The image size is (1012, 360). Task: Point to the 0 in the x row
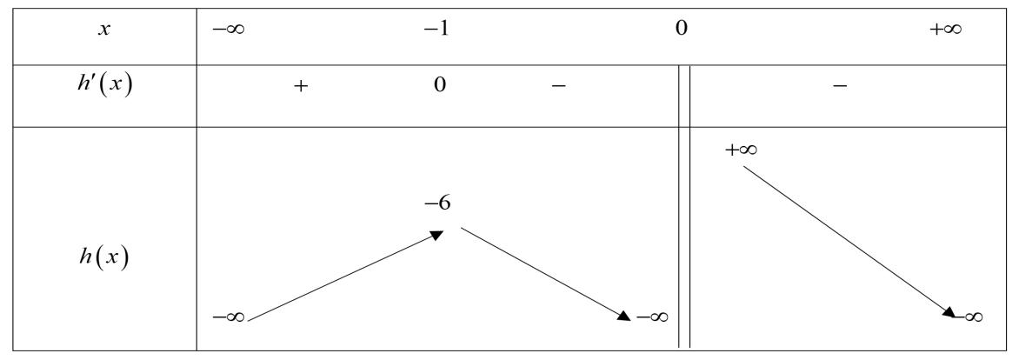(681, 30)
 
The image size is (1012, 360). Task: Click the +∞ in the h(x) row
(742, 150)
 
